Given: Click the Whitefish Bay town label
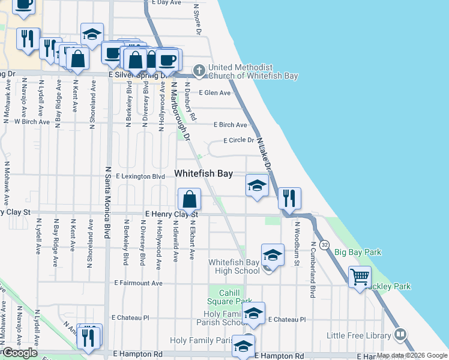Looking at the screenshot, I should pos(203,173).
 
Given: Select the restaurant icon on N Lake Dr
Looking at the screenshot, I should pos(289,199).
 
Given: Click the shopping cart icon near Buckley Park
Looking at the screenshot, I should pos(360,277).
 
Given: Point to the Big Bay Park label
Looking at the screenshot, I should pos(358,253).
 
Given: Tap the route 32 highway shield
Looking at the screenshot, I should pos(325,245).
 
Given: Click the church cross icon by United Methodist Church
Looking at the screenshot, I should pos(199,71).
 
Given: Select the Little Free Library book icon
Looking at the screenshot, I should pos(401,335).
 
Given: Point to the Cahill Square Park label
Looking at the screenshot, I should pos(231,296).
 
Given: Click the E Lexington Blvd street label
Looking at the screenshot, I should pos(140,177).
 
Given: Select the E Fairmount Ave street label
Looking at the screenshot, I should pos(139,283).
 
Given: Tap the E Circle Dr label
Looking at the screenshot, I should pos(239,140).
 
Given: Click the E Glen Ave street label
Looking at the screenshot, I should pos(215,93).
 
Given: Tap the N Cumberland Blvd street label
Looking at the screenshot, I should pos(313,270).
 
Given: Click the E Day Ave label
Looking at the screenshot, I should pos(166,3).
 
